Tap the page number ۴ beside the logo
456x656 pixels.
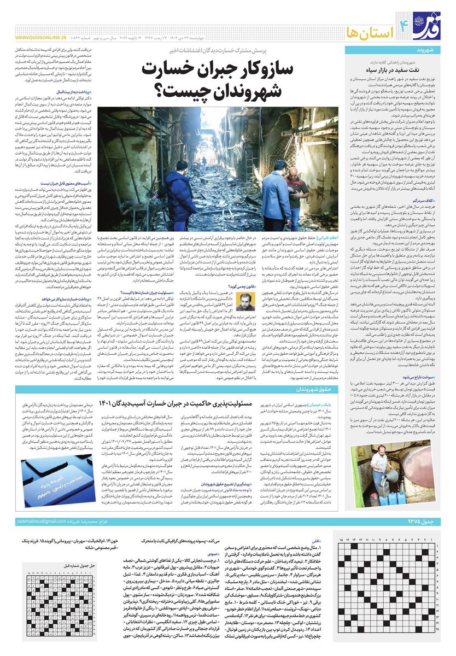[x=405, y=23]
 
